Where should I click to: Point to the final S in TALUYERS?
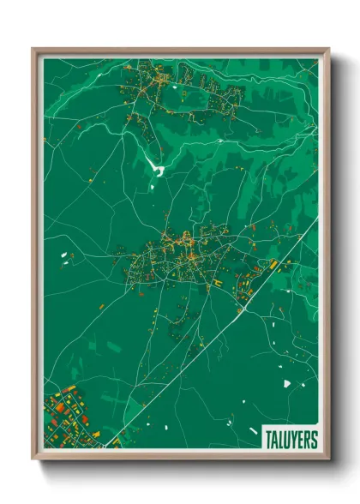313,438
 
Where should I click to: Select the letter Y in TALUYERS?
292,438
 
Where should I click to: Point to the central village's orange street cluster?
180,254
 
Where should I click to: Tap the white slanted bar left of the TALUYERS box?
252,430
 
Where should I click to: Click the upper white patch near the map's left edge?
63,255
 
